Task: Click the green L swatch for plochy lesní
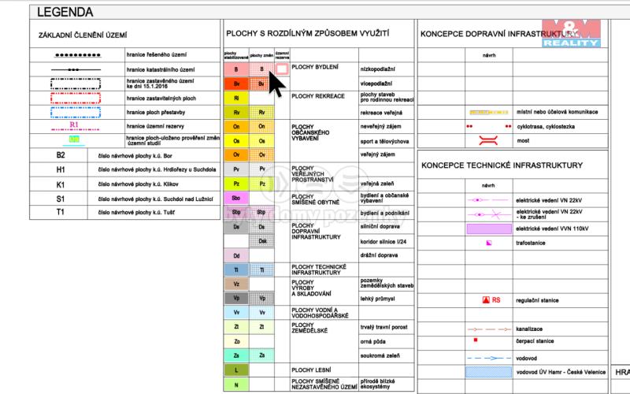[235, 370]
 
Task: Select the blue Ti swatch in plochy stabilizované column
[235, 270]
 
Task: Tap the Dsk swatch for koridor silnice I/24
[262, 241]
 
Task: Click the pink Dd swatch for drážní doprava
[235, 256]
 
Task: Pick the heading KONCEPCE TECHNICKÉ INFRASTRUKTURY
[502, 165]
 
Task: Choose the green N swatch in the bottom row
[235, 385]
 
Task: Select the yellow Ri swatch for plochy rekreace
[235, 98]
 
